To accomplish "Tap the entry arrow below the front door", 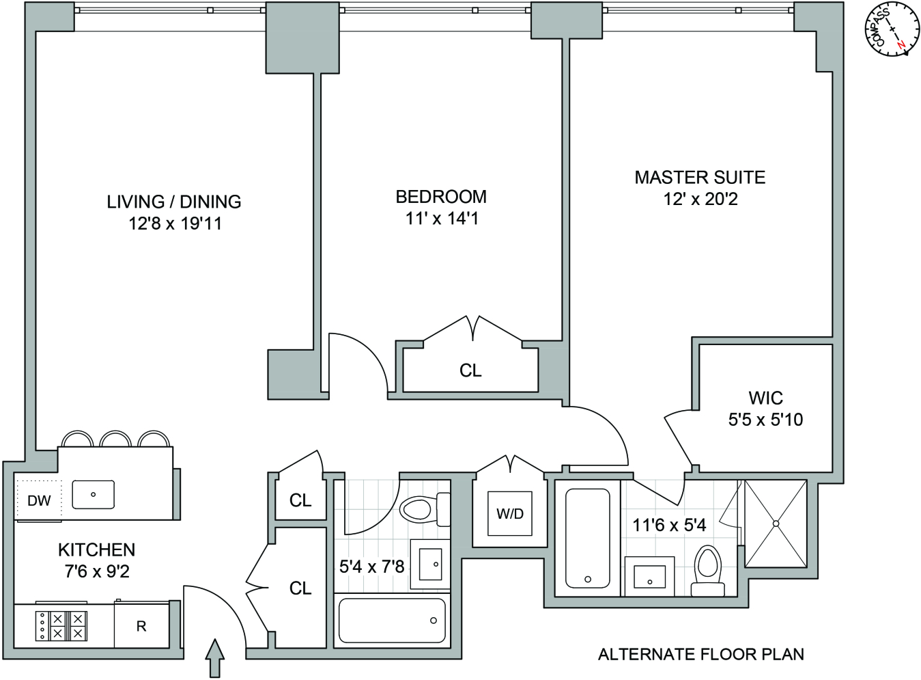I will click(215, 657).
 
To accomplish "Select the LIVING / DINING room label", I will click(174, 202).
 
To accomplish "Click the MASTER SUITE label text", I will click(700, 178).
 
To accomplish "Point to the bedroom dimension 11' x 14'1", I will click(442, 219).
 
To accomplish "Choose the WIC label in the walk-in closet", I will click(765, 398).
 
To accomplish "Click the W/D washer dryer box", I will click(510, 514).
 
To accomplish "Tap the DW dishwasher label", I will click(39, 501).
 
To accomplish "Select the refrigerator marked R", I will click(141, 626).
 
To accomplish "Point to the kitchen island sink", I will click(94, 494).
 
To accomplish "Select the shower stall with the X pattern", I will click(776, 523).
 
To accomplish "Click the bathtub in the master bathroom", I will click(588, 538).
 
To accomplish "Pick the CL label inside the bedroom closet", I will click(470, 370).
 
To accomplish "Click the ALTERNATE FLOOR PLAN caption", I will click(700, 655).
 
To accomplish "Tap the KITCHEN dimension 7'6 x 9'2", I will click(97, 571).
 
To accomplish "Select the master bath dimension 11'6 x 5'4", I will click(669, 525).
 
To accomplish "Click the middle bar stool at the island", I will click(115, 439).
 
